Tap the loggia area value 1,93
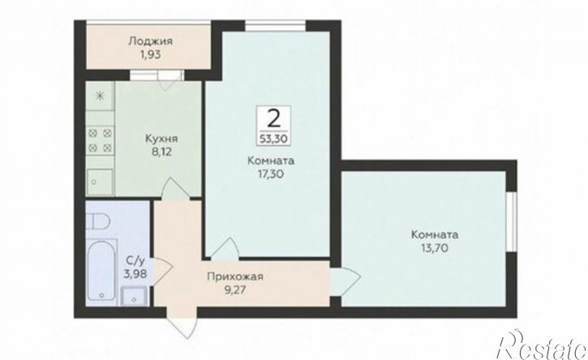click(150, 54)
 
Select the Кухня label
click(161, 139)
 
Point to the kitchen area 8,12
click(161, 152)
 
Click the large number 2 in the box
click(274, 119)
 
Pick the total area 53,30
click(274, 139)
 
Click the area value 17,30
click(271, 174)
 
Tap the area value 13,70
click(435, 248)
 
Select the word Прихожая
click(235, 276)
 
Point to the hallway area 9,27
click(234, 290)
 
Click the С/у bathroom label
click(134, 260)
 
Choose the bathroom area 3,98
click(135, 273)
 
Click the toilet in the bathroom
click(97, 221)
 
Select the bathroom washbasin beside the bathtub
click(135, 295)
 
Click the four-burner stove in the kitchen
click(100, 140)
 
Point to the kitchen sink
click(100, 182)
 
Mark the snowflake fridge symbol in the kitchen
click(100, 96)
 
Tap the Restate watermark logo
click(543, 345)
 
